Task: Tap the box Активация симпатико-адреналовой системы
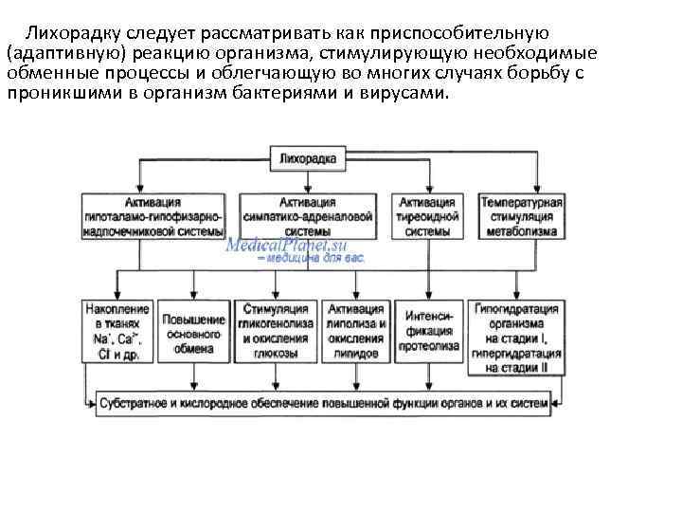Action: tap(308, 216)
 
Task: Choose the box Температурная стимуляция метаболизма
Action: tap(522, 216)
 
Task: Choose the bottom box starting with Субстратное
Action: tap(323, 404)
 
